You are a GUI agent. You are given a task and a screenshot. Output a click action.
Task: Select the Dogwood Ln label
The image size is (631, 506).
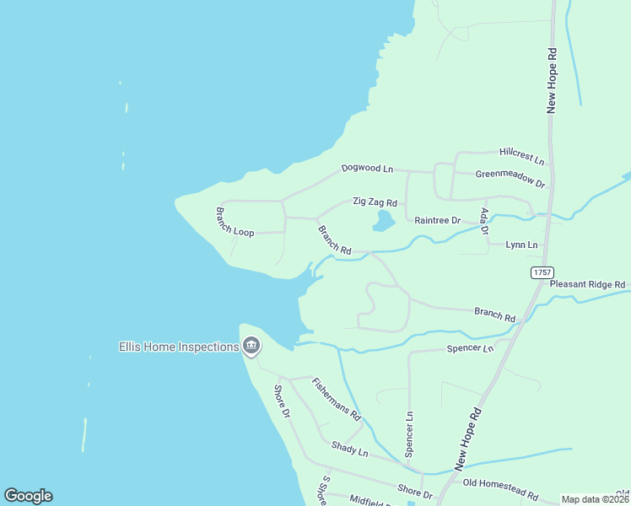(x=367, y=169)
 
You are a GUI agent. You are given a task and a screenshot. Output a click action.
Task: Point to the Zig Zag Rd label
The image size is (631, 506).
(x=374, y=203)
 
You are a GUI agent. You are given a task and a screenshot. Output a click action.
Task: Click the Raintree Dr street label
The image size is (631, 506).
(x=437, y=220)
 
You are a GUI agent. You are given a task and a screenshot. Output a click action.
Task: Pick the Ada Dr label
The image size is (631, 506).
(x=484, y=220)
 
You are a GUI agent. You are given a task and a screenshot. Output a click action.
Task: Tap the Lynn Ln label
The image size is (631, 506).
(x=521, y=245)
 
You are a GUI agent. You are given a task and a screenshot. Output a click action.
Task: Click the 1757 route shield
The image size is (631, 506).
(x=542, y=272)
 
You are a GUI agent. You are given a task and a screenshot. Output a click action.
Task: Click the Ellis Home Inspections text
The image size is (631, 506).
(x=178, y=347)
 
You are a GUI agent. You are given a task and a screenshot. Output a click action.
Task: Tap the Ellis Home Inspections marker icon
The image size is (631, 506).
(x=251, y=346)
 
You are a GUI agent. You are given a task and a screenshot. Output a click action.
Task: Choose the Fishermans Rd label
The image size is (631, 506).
(x=337, y=399)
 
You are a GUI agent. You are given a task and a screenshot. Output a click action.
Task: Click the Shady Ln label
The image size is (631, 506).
(x=350, y=450)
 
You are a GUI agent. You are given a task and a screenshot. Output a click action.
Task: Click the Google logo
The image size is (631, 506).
(x=28, y=496)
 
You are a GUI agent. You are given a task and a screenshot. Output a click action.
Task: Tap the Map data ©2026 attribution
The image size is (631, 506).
(x=595, y=499)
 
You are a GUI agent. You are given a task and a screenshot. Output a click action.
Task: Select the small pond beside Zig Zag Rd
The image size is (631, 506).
(x=383, y=221)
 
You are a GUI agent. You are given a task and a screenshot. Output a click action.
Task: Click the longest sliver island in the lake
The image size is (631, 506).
(x=84, y=433)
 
